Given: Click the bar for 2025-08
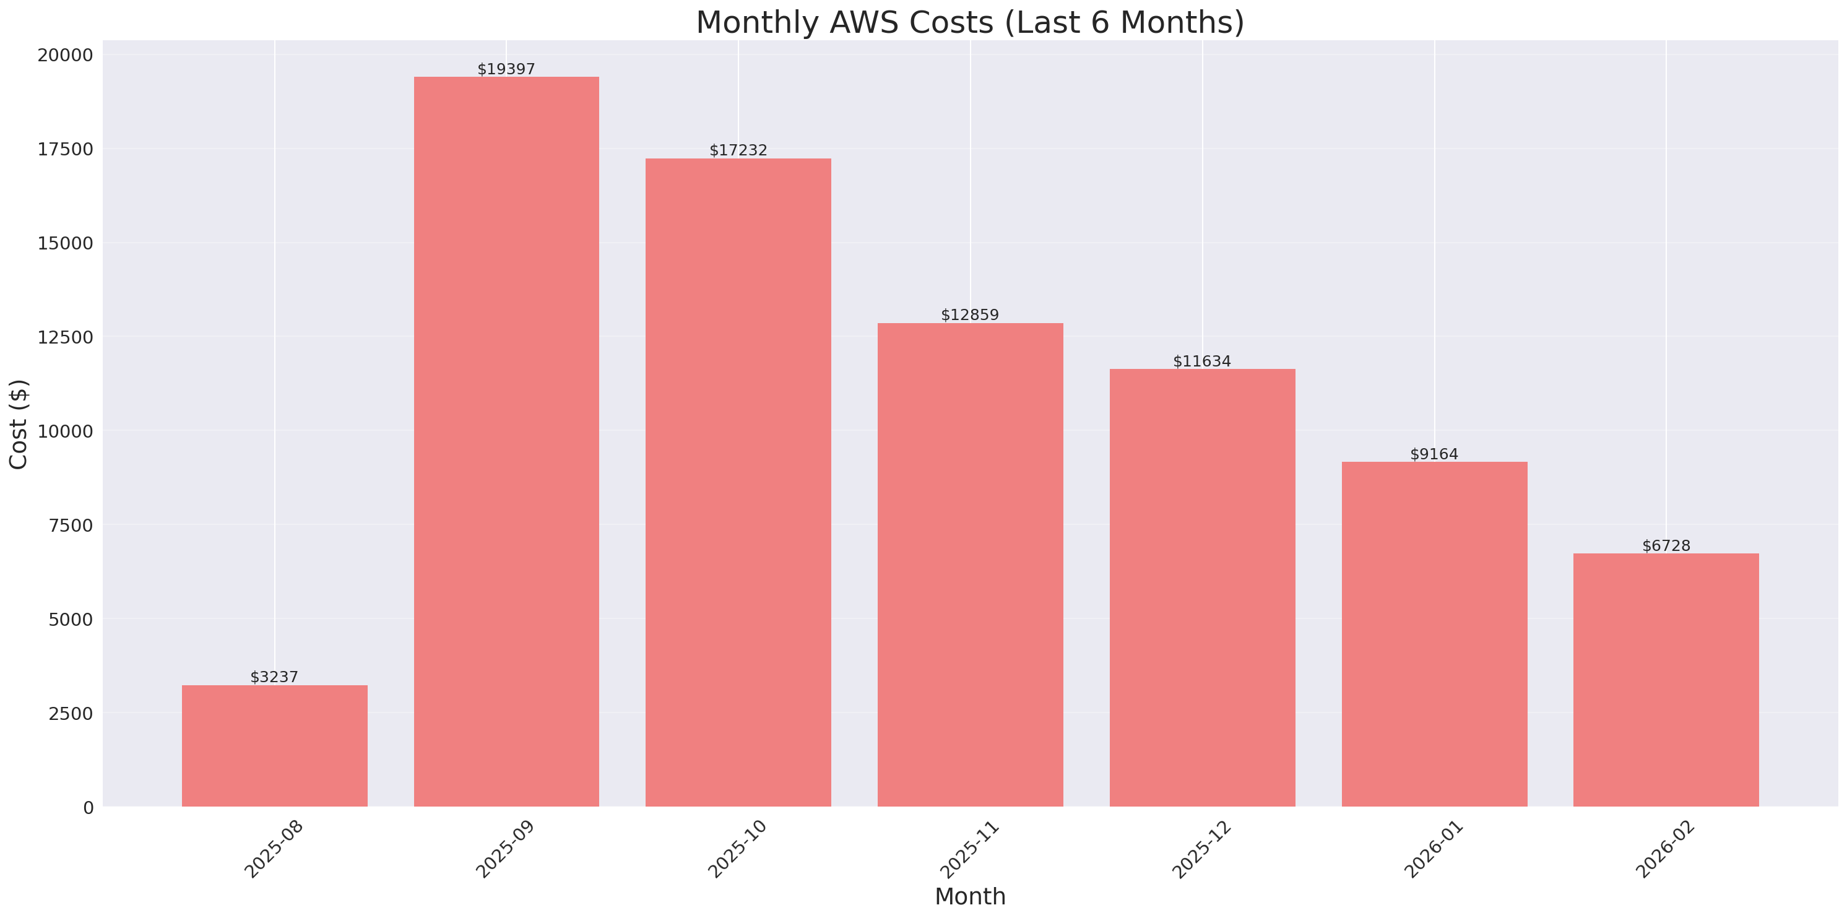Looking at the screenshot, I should [275, 745].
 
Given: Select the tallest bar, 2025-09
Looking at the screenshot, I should [506, 441].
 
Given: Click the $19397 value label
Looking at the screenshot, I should [506, 69].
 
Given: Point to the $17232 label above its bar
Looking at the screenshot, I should [738, 150].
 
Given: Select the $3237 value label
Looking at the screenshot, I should [275, 677].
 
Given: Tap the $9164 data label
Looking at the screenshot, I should [1434, 454].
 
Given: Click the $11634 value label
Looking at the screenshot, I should [1201, 362].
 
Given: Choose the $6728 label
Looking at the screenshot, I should [1666, 546].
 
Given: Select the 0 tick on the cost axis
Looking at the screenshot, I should [88, 808].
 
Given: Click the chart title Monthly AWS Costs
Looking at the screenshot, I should [970, 22].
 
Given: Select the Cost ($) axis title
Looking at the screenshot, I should [19, 424].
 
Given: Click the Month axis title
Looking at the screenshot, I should [970, 896].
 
